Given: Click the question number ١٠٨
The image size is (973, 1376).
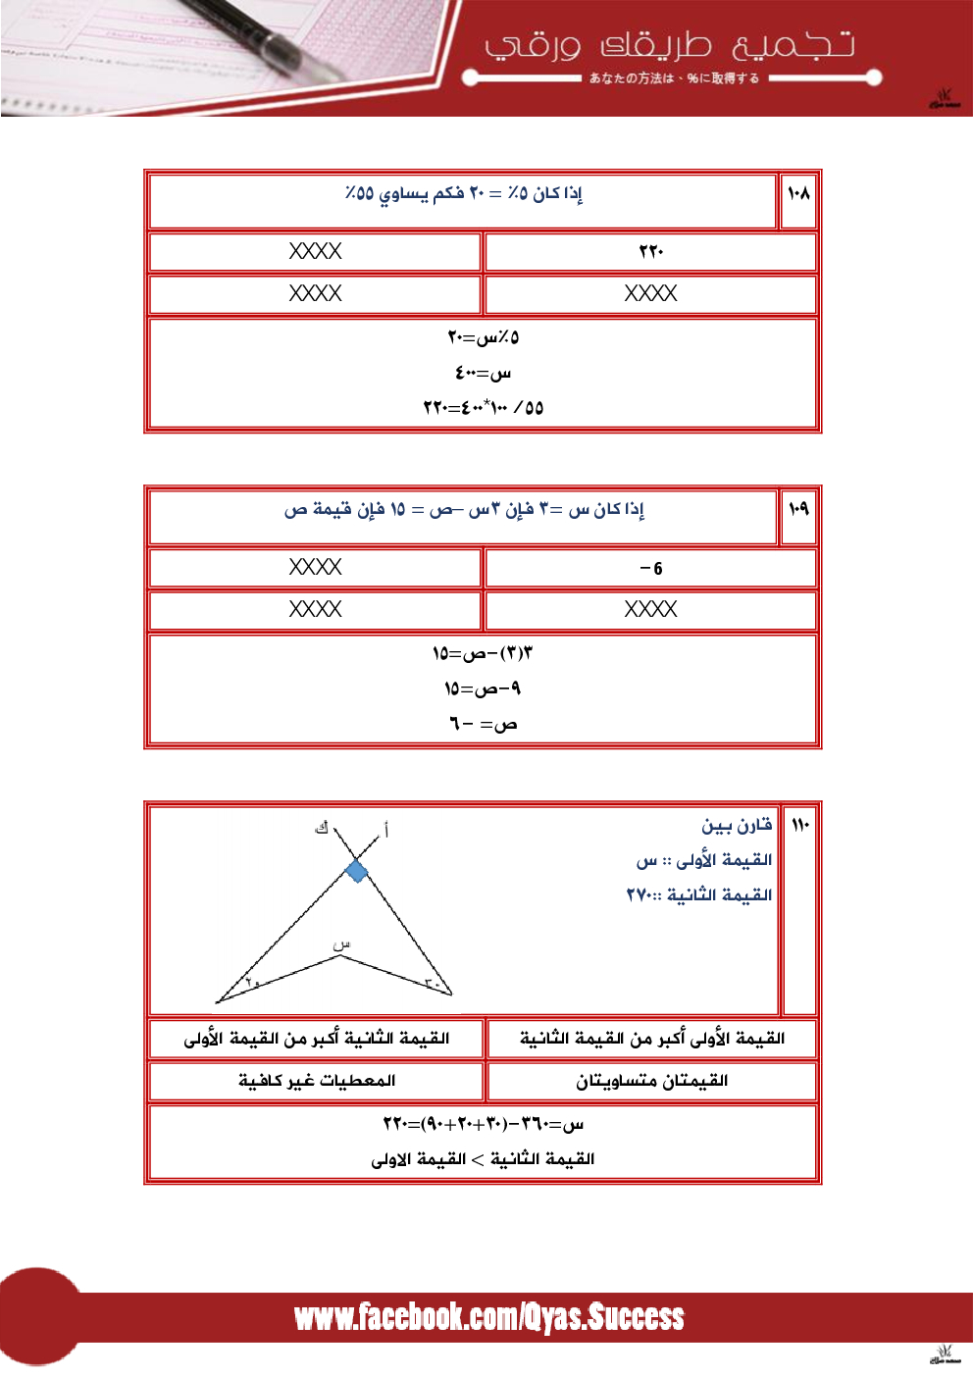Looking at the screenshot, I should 798,193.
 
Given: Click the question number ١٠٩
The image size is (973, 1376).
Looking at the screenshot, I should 798,508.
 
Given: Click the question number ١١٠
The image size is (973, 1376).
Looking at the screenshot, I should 800,824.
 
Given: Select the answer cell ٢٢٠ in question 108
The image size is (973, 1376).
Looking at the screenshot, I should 650,251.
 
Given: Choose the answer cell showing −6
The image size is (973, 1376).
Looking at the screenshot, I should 650,568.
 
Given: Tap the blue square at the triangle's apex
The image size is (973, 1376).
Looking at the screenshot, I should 357,871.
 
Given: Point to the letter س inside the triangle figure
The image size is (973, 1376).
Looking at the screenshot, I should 341,944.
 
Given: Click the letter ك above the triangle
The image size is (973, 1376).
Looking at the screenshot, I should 321,828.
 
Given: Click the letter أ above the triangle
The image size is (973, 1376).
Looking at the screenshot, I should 385,831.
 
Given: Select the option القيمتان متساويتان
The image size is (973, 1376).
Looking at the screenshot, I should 651,1081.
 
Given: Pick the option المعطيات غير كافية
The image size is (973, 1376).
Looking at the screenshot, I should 316,1081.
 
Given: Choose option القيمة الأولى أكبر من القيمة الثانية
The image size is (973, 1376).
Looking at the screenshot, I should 651,1039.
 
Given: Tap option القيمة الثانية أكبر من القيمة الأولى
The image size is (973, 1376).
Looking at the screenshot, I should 316,1039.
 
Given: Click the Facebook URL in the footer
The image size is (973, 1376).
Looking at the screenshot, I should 488,1317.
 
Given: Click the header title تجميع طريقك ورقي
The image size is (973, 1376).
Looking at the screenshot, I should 670,45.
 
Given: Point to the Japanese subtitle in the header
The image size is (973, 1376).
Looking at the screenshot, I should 674,78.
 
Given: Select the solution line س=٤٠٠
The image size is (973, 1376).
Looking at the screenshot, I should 483,373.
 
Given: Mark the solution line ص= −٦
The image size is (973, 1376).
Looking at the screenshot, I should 483,724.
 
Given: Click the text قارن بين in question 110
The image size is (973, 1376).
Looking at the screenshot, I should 737,825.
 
